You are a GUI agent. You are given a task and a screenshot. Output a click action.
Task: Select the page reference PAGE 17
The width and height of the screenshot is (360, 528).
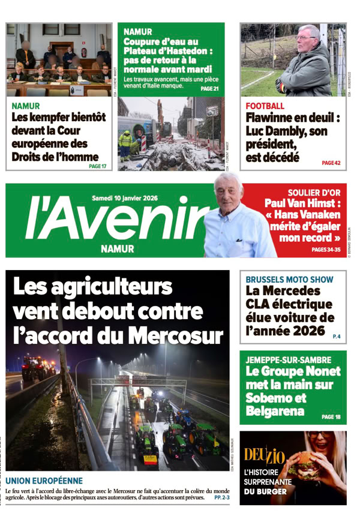pyautogui.click(x=97, y=166)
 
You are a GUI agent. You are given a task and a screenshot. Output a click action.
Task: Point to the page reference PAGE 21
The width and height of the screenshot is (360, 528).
pyautogui.click(x=209, y=89)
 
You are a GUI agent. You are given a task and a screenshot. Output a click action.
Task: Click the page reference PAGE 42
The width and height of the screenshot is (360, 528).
pyautogui.click(x=331, y=163)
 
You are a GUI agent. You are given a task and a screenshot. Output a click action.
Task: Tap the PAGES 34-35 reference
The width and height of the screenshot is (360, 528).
pyautogui.click(x=326, y=250)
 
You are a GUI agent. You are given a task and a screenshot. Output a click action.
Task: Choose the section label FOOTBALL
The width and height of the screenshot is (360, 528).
pyautogui.click(x=265, y=106)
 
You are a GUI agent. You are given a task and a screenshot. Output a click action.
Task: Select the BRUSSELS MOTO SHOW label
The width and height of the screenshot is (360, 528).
pyautogui.click(x=289, y=279)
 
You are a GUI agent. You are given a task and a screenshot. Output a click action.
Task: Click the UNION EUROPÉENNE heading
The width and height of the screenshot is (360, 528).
pyautogui.click(x=44, y=481)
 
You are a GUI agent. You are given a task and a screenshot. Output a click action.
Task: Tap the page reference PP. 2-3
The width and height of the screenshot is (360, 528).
pyautogui.click(x=221, y=498)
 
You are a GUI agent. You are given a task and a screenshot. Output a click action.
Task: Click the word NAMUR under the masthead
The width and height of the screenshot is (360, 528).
pyautogui.click(x=118, y=248)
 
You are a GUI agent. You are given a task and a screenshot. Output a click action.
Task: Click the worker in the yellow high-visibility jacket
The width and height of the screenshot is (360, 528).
pyautogui.click(x=126, y=142)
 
